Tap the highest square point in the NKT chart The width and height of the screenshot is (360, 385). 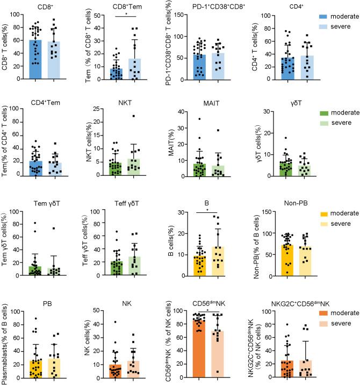pyautogui.click(x=134, y=116)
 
